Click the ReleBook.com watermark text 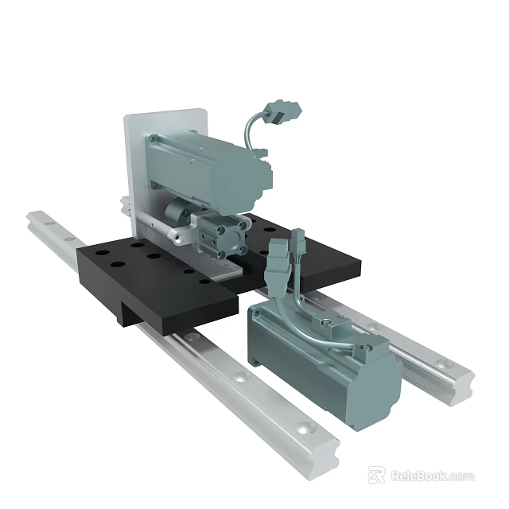point(432,476)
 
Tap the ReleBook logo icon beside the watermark point(377,476)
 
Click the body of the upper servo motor point(215,167)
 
